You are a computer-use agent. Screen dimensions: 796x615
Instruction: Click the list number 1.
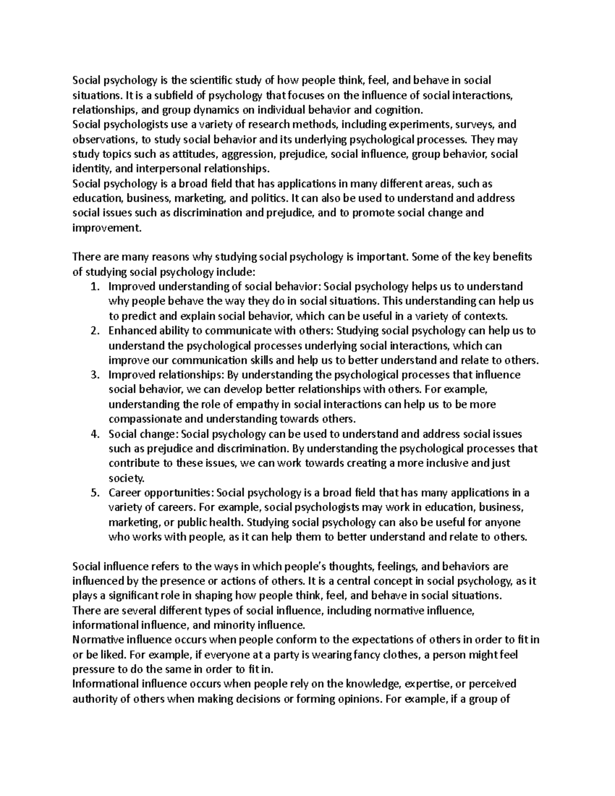(94, 287)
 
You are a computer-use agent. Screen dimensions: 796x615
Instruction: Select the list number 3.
(94, 375)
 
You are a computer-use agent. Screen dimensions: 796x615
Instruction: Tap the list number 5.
(94, 493)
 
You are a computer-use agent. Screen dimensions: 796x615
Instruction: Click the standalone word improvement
(106, 228)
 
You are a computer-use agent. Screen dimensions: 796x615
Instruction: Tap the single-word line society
(127, 479)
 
